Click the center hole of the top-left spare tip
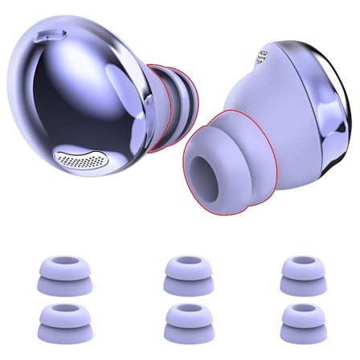(x=62, y=262)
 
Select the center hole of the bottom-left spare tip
(x=62, y=313)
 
